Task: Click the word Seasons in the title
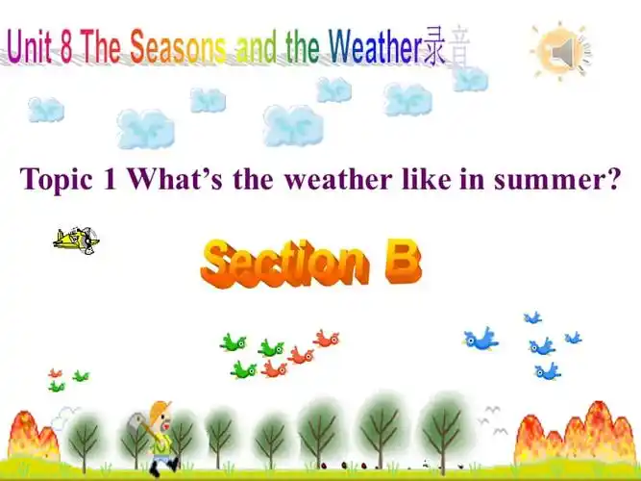click(x=179, y=47)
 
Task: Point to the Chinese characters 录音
click(x=447, y=48)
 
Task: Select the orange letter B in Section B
click(x=402, y=262)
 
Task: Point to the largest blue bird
click(x=480, y=339)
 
